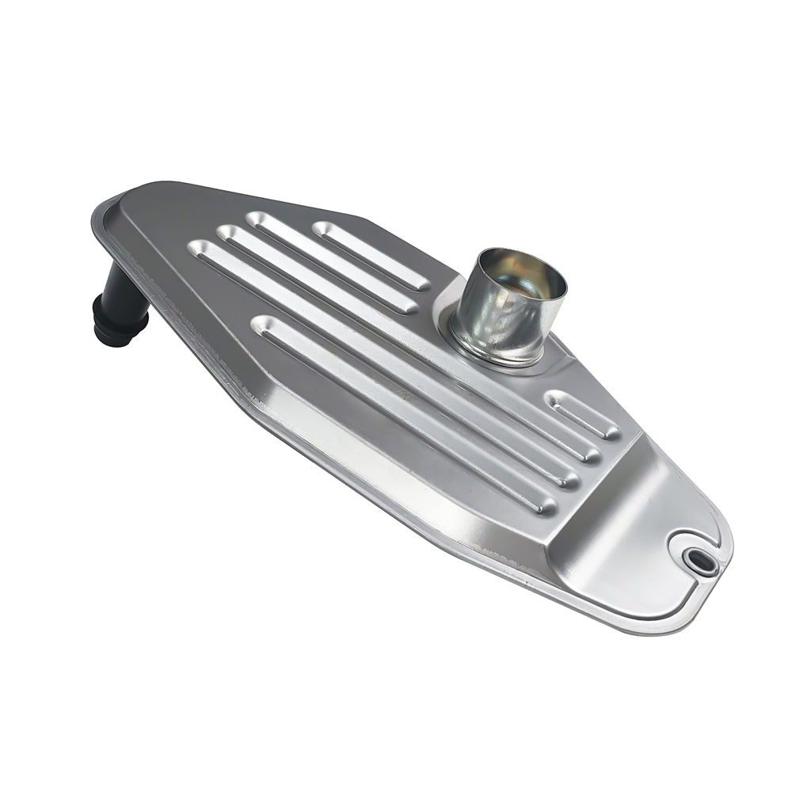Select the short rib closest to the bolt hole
584,413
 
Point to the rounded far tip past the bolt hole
725,554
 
